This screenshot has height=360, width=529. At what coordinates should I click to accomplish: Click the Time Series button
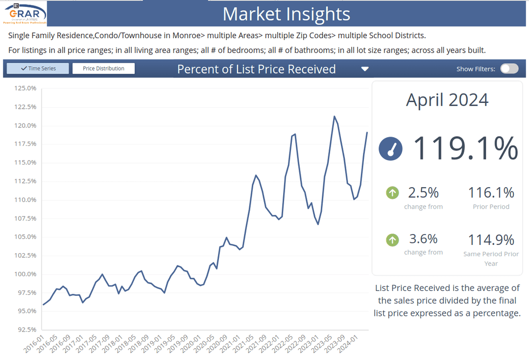pyautogui.click(x=38, y=69)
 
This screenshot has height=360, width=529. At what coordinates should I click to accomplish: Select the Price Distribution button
pyautogui.click(x=103, y=69)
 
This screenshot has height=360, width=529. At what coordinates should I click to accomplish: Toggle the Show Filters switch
pyautogui.click(x=509, y=69)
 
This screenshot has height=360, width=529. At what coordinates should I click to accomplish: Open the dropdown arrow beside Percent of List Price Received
pyautogui.click(x=364, y=69)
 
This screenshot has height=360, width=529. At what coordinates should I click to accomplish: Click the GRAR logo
pyautogui.click(x=25, y=13)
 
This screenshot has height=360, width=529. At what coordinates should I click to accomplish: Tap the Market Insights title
pyautogui.click(x=287, y=14)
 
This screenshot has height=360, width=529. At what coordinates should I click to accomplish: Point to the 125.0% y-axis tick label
pyautogui.click(x=25, y=88)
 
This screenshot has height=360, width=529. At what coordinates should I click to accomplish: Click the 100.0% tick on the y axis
pyautogui.click(x=25, y=274)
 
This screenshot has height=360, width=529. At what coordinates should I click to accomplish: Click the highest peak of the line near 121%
pyautogui.click(x=334, y=117)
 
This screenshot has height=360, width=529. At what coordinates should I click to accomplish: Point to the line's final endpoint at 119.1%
pyautogui.click(x=367, y=132)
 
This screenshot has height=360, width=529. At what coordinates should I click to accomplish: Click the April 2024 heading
pyautogui.click(x=447, y=100)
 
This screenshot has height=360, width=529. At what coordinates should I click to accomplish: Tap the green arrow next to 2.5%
pyautogui.click(x=392, y=192)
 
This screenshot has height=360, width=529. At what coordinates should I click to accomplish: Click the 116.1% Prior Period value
pyautogui.click(x=491, y=192)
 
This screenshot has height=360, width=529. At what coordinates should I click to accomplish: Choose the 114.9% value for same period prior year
pyautogui.click(x=491, y=240)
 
